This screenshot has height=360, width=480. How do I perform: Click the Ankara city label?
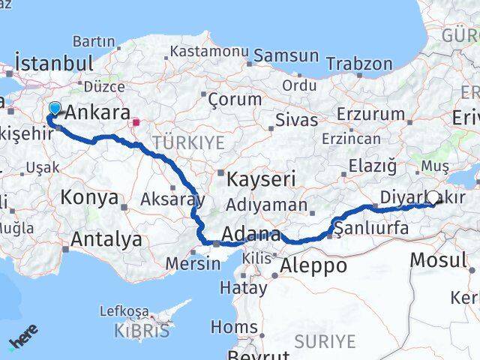click(97, 114)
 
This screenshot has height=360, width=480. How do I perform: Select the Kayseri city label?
click(262, 179)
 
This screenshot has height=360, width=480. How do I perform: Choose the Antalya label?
click(106, 240)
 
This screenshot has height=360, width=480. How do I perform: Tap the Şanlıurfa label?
click(373, 229)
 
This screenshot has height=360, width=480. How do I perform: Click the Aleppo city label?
click(313, 265)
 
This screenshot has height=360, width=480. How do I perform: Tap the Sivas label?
click(292, 119)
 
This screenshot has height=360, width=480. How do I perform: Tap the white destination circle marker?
click(433, 198)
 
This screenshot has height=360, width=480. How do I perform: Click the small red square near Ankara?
click(136, 123)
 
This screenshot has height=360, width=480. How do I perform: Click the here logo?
click(22, 342)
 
